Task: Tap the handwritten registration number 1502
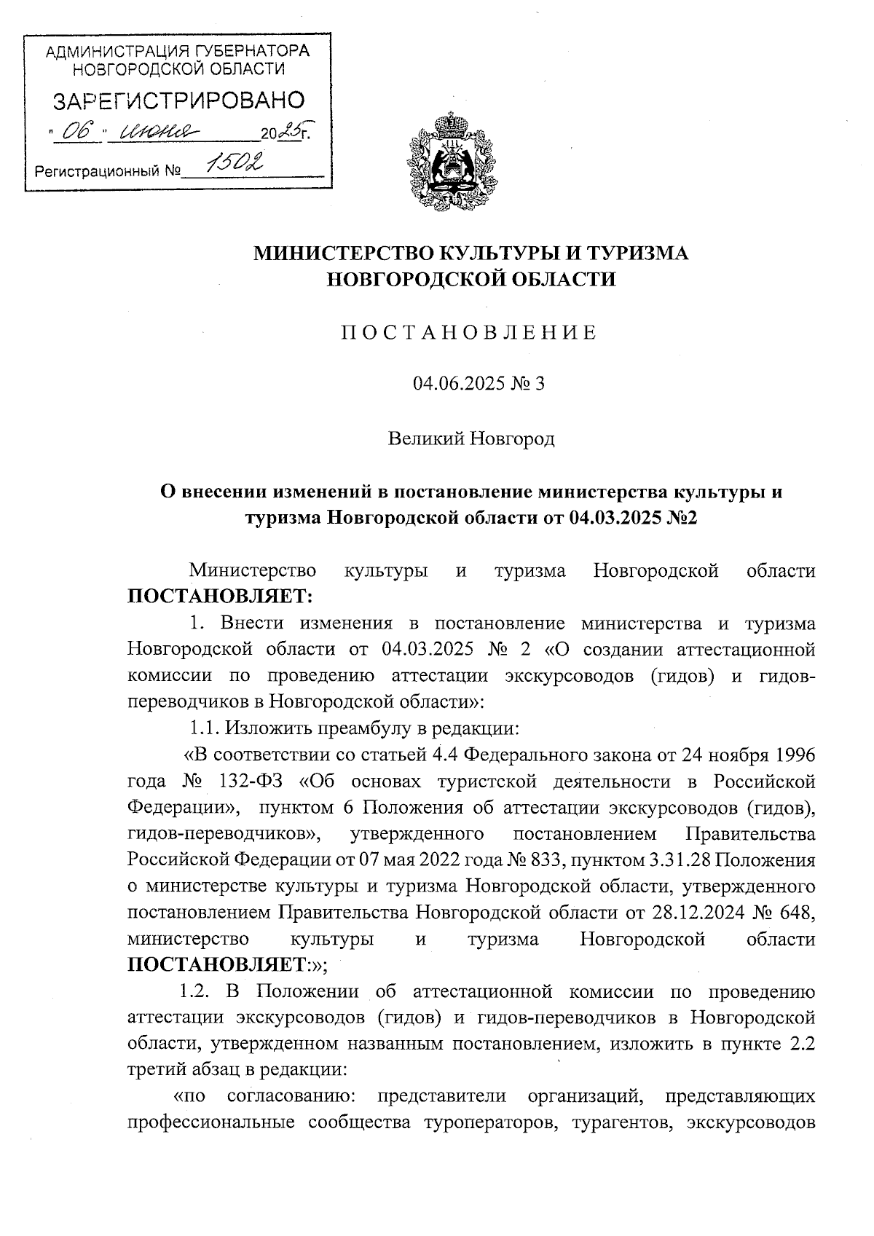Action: coord(234,164)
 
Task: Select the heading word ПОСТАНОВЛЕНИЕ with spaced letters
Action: coord(470,334)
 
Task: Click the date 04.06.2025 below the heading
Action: coord(457,383)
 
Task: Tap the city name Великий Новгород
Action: coord(471,438)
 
